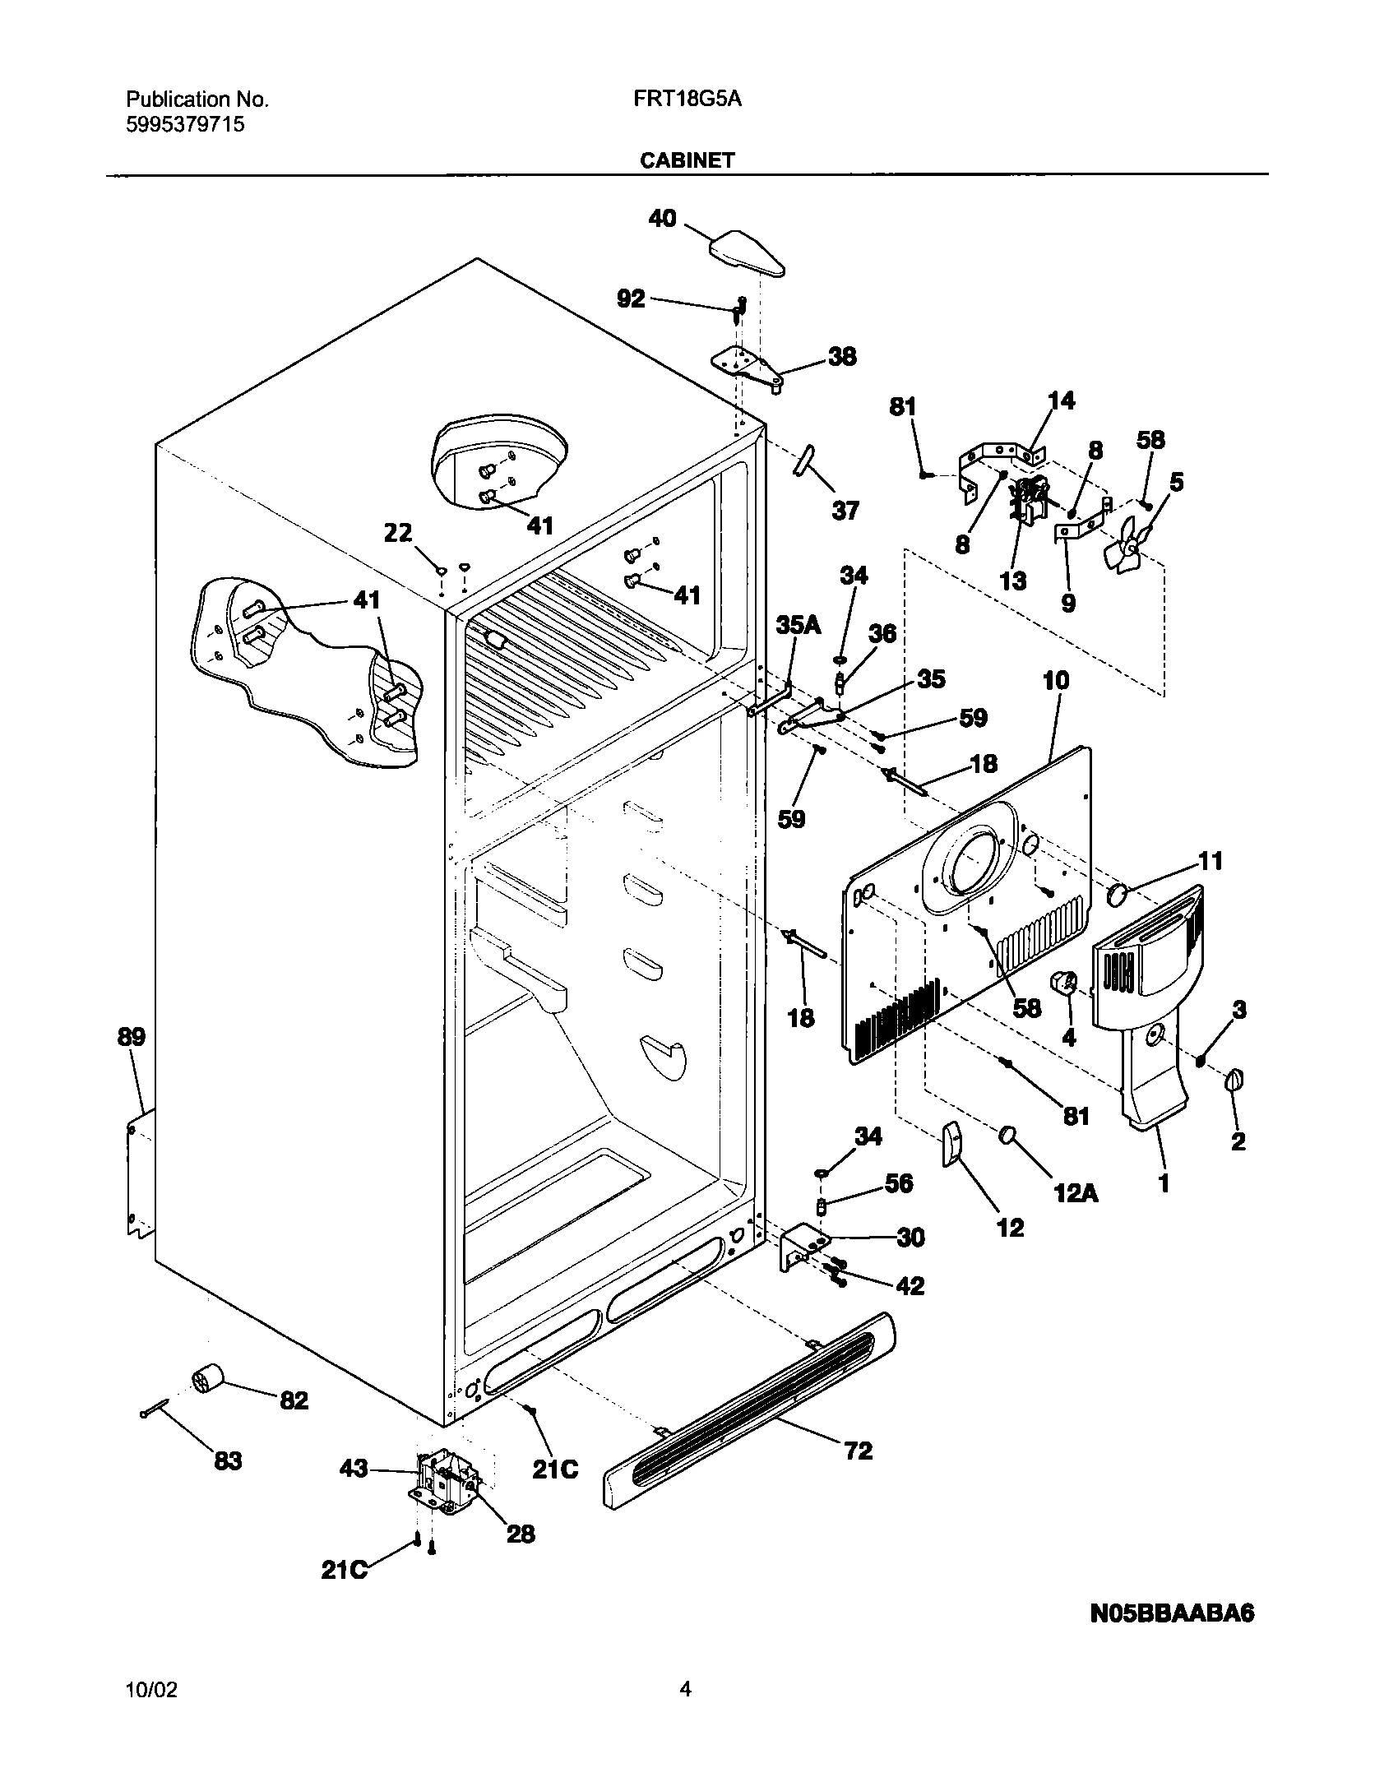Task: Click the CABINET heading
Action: pyautogui.click(x=687, y=161)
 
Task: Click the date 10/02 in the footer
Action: pyautogui.click(x=150, y=1691)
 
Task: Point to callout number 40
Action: pyautogui.click(x=662, y=219)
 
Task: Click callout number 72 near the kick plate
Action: pyautogui.click(x=858, y=1451)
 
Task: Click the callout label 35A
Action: pyautogui.click(x=798, y=626)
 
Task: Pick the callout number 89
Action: pyautogui.click(x=132, y=1038)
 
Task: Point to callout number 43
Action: pyautogui.click(x=354, y=1469)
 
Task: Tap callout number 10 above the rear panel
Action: pyautogui.click(x=1056, y=680)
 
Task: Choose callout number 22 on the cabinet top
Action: pyautogui.click(x=398, y=534)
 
